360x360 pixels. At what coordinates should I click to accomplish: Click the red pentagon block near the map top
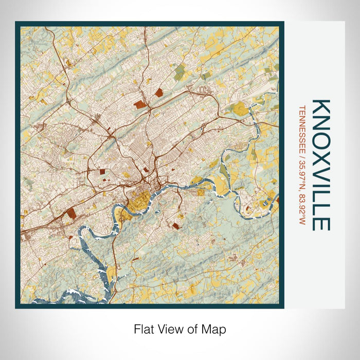click(x=156, y=93)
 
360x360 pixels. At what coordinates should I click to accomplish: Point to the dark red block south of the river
click(x=176, y=226)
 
